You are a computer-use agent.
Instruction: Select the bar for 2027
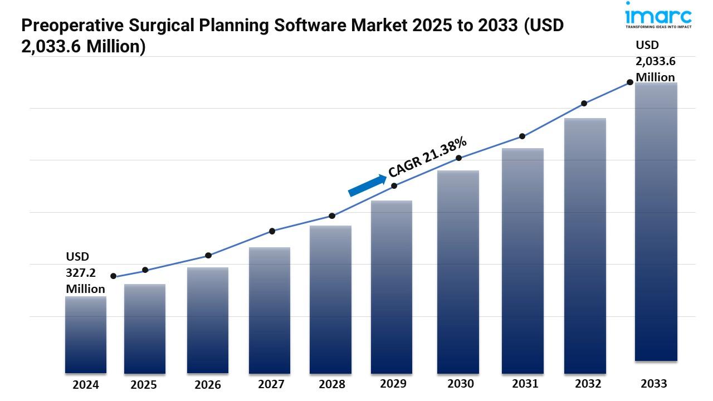270,310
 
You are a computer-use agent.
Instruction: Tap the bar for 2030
458,272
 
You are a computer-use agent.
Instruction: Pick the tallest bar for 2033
656,223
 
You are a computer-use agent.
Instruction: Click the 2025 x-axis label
144,385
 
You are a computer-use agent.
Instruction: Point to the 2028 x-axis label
332,384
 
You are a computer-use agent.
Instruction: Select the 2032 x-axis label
588,384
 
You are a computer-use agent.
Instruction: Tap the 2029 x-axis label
393,384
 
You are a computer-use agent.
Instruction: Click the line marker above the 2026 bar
208,256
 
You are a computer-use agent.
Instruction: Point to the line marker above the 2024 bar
114,276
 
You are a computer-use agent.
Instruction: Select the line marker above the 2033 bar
630,82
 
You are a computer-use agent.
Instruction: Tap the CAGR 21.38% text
427,157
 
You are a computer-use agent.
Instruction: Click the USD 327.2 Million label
85,273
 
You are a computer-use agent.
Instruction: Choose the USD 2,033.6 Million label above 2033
656,61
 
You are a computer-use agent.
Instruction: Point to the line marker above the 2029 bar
394,185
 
